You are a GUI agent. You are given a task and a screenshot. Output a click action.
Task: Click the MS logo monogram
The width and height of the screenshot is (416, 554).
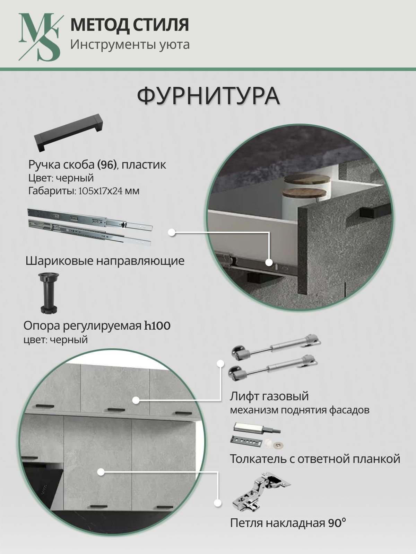point(40,37)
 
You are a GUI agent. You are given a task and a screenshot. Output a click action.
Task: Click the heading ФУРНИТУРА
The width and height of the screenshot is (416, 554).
point(208,96)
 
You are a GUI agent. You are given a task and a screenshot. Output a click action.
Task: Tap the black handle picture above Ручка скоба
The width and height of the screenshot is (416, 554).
point(68,133)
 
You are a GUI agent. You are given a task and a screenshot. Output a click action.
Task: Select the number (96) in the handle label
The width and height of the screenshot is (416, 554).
point(107,165)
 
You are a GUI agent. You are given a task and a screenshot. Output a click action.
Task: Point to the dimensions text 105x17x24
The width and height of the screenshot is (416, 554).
point(101,191)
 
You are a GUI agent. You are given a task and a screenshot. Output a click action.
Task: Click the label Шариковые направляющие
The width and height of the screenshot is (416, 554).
point(105,261)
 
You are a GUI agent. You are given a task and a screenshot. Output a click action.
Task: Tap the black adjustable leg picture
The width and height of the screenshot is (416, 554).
point(49,293)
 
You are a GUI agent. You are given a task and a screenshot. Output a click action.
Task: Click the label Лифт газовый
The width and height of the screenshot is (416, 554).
point(269,396)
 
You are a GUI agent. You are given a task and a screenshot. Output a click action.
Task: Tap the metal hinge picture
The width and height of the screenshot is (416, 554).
point(261,491)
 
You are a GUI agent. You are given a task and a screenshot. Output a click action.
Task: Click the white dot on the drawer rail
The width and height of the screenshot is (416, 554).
point(269,262)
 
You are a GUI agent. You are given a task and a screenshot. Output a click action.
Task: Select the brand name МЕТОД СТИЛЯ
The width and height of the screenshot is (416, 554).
point(130,25)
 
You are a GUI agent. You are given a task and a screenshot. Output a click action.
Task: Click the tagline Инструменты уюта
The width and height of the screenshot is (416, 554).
point(130,45)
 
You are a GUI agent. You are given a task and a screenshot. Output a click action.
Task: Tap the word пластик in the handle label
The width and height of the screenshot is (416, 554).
point(144,165)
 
